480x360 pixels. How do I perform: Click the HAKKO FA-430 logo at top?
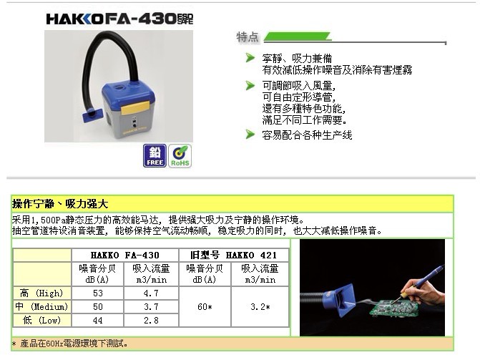[119, 19]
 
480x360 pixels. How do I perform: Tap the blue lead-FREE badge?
[155, 155]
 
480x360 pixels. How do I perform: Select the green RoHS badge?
[180, 156]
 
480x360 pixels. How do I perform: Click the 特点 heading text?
[248, 37]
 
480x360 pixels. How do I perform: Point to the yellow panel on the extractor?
[135, 108]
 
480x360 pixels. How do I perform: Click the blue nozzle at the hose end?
[92, 115]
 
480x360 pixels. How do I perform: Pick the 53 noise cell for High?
[98, 293]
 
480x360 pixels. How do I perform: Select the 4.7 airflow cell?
[151, 293]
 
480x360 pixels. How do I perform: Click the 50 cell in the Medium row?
[98, 307]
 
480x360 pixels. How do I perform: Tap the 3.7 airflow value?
[151, 307]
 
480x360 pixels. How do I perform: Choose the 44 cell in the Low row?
[98, 320]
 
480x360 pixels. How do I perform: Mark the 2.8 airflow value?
[151, 320]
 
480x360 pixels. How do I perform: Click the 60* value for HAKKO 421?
[205, 307]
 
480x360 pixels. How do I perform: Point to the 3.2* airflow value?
[260, 307]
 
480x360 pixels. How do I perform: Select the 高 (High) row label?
[41, 293]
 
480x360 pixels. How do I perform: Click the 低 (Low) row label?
[41, 320]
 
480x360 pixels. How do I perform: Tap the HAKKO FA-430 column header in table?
[125, 255]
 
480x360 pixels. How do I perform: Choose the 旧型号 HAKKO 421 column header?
[234, 255]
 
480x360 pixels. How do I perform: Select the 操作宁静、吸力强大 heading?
[60, 204]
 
